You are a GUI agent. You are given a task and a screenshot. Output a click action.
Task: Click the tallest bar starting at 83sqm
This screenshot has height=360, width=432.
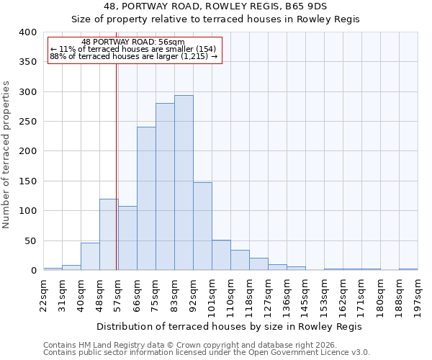click(184, 183)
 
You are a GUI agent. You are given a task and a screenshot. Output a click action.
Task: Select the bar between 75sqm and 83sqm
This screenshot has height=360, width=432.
click(165, 186)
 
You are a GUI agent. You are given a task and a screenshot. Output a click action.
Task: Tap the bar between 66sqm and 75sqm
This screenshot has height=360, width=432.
click(146, 199)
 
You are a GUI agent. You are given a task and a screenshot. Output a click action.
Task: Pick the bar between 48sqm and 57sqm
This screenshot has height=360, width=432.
click(109, 235)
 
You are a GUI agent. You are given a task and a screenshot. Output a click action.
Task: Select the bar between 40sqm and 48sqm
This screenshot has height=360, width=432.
click(90, 256)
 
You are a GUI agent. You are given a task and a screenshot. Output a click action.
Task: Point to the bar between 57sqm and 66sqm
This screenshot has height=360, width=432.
click(127, 238)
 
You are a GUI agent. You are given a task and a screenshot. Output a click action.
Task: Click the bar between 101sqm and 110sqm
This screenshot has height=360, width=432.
click(221, 255)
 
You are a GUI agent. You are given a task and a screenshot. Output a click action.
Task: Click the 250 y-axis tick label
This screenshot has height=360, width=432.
click(27, 122)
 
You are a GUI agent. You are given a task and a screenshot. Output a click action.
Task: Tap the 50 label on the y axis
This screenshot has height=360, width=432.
click(30, 240)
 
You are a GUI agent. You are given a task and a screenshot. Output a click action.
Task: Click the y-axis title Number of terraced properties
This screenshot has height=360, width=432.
click(7, 154)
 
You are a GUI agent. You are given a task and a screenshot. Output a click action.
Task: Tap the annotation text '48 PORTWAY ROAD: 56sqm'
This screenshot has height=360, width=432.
click(133, 42)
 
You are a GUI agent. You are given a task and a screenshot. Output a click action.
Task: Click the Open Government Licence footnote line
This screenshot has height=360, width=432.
click(207, 353)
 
